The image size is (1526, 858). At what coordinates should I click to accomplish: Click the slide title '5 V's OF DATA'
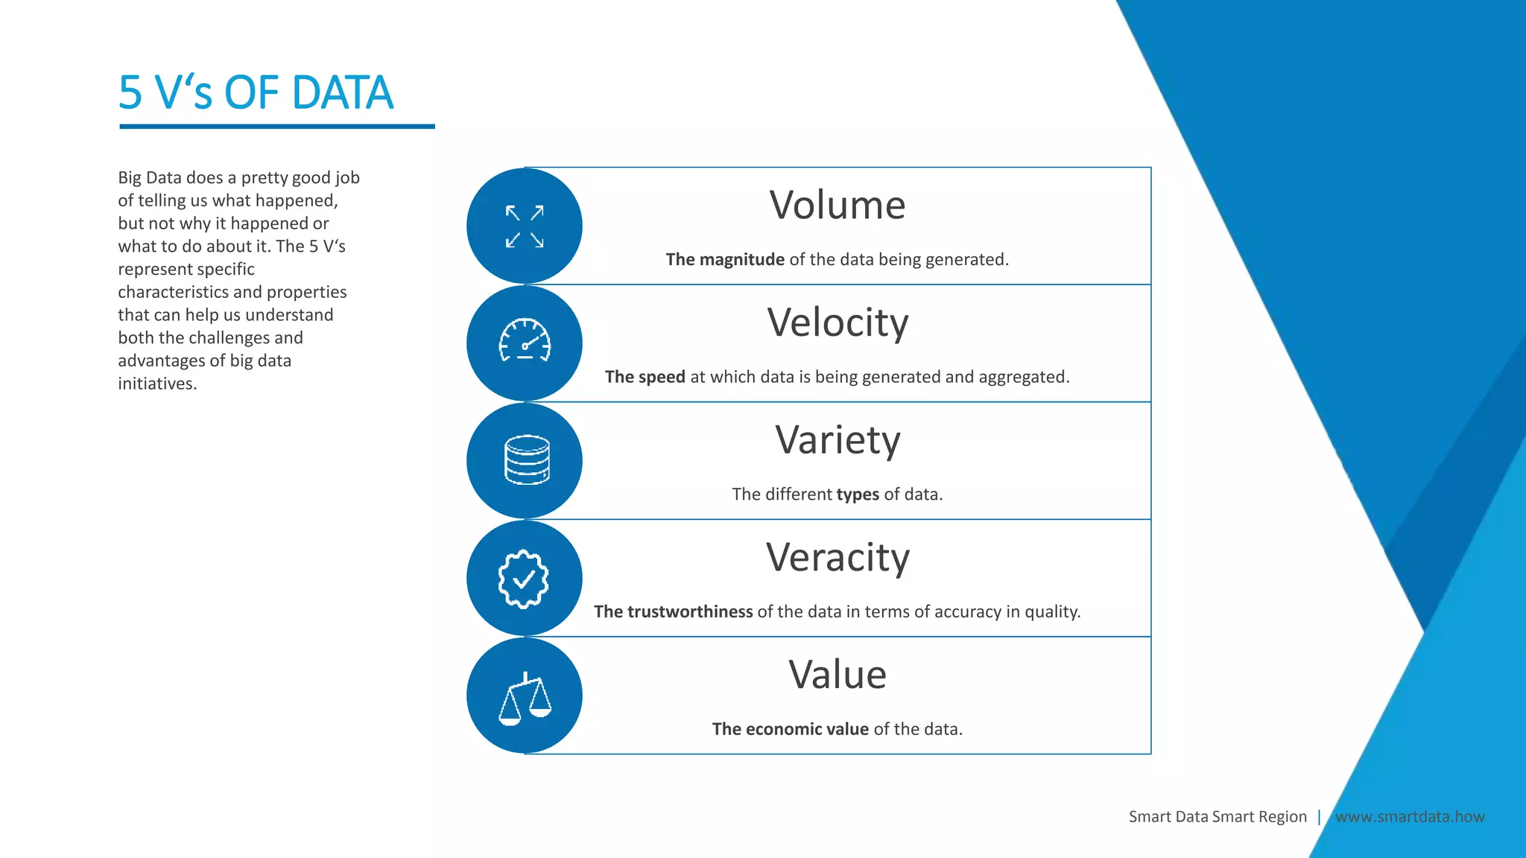pos(256,93)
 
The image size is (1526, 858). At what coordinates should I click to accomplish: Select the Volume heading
pos(837,205)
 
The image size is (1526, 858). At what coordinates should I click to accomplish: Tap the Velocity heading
pos(838,322)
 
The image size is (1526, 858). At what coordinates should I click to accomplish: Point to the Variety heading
pos(838,439)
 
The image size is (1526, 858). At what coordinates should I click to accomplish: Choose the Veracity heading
pos(838,557)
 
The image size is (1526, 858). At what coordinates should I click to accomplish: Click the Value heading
pos(838,675)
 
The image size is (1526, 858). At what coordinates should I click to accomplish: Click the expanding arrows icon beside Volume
pos(525,226)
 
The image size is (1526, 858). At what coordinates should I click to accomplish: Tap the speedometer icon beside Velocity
pos(525,341)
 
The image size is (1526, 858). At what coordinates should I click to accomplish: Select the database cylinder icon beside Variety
pos(527,460)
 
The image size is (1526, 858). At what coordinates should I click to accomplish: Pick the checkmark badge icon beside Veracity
pos(524,579)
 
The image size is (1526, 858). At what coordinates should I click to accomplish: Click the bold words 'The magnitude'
pos(725,259)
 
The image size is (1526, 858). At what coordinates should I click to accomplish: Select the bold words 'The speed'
pos(645,377)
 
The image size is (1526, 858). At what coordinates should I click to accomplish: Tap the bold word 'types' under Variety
pos(858,495)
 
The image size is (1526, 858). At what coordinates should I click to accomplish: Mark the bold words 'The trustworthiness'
pos(673,611)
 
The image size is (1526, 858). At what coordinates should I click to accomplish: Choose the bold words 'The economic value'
pos(790,729)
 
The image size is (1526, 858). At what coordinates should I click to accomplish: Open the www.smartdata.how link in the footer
pos(1409,816)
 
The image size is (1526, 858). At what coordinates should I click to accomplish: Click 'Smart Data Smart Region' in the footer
pos(1218,816)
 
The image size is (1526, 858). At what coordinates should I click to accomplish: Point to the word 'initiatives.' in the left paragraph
pos(157,384)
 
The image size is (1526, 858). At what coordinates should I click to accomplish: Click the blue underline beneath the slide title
pos(276,127)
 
